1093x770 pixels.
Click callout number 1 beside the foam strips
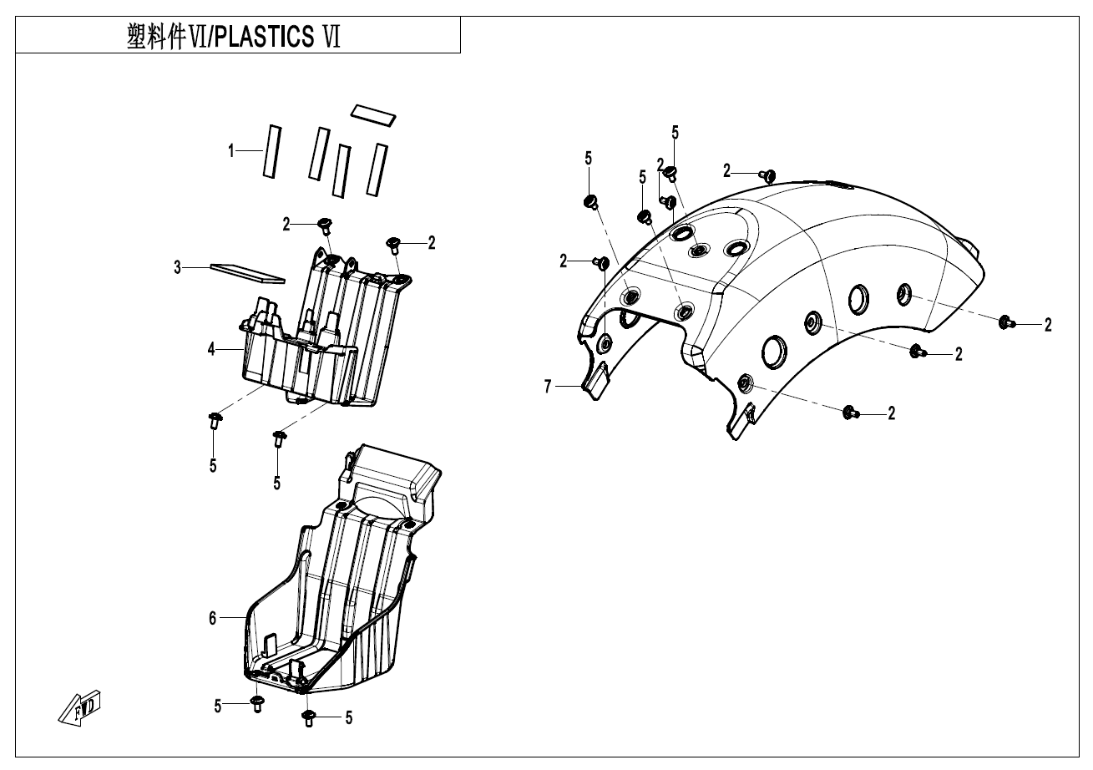coord(231,151)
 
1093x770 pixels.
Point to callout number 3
coord(177,267)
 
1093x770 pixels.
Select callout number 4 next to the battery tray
coord(212,348)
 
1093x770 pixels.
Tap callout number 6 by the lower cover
coord(212,618)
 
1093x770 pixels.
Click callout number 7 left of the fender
coord(548,386)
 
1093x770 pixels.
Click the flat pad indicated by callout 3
coord(246,272)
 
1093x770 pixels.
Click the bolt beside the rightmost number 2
coord(1008,322)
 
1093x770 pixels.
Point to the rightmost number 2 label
coord(1047,325)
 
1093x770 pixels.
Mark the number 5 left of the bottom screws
coord(218,706)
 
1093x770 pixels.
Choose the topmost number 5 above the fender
coord(675,132)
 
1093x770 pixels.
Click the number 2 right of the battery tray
coord(432,242)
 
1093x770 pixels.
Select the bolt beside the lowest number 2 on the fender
coord(851,412)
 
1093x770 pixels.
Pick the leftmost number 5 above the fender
coord(588,158)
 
